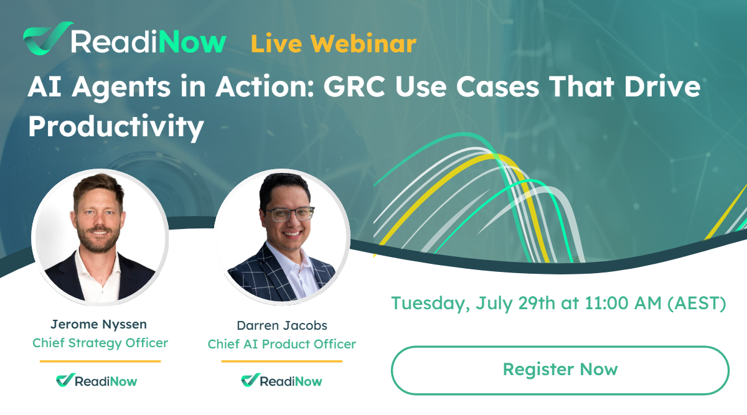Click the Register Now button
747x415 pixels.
point(560,370)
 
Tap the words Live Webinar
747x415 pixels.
point(333,44)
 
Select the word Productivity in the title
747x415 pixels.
point(116,127)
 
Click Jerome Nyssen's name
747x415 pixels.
point(100,324)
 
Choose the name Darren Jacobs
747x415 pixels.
point(281,325)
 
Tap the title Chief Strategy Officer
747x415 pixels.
point(100,343)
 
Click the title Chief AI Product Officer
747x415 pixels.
point(281,344)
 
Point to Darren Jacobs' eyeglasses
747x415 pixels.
point(287,214)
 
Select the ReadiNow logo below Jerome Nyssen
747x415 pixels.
point(96,380)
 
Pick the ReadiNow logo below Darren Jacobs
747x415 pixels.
point(281,380)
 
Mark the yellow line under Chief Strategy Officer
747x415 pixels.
point(100,361)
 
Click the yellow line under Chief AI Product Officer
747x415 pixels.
point(281,361)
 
